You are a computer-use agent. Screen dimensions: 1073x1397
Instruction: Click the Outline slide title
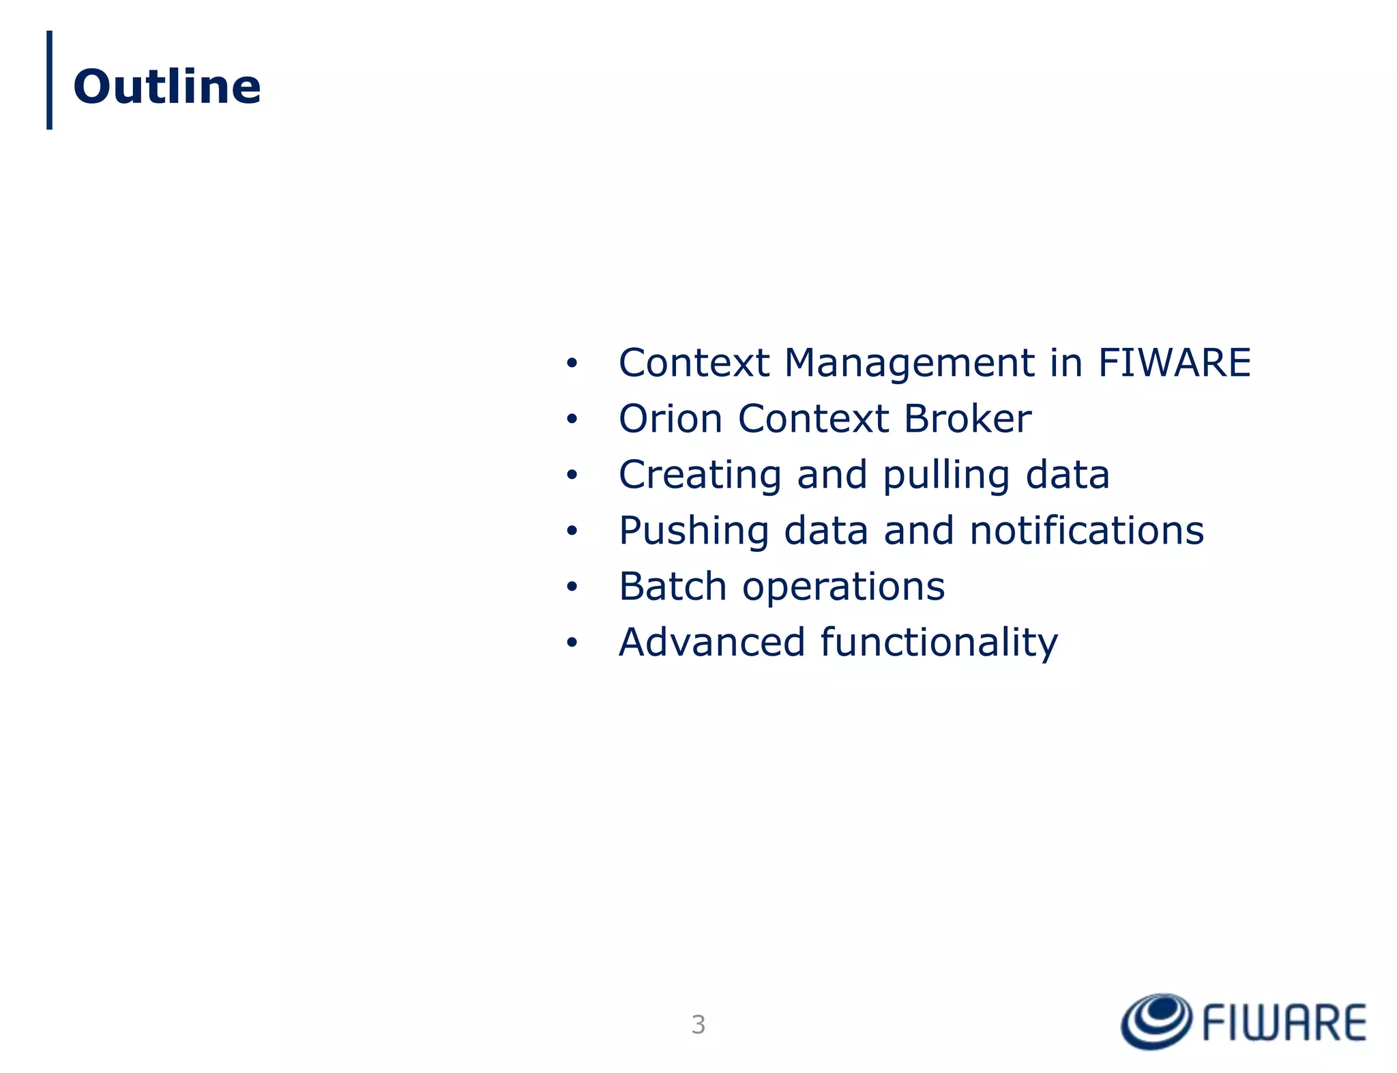167,87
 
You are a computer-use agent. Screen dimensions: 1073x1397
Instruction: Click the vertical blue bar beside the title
49,80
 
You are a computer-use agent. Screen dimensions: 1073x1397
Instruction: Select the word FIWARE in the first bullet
1174,362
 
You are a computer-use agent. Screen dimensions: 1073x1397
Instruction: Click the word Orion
670,418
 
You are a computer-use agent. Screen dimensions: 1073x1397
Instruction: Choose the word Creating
700,475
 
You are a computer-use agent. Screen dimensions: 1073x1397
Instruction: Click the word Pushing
694,531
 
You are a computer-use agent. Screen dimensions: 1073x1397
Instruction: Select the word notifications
1087,531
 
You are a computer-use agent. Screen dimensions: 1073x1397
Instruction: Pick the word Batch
673,587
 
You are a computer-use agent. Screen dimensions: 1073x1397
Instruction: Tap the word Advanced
712,643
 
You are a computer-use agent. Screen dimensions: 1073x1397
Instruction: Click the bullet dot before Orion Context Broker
572,420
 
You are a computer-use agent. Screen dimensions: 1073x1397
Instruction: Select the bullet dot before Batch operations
572,587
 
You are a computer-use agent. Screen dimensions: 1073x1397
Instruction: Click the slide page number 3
698,1025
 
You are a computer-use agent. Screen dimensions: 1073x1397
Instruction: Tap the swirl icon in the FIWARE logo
1156,1021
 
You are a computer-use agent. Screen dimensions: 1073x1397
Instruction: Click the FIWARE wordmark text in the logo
1284,1023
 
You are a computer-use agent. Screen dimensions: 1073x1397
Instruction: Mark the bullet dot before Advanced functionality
572,643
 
